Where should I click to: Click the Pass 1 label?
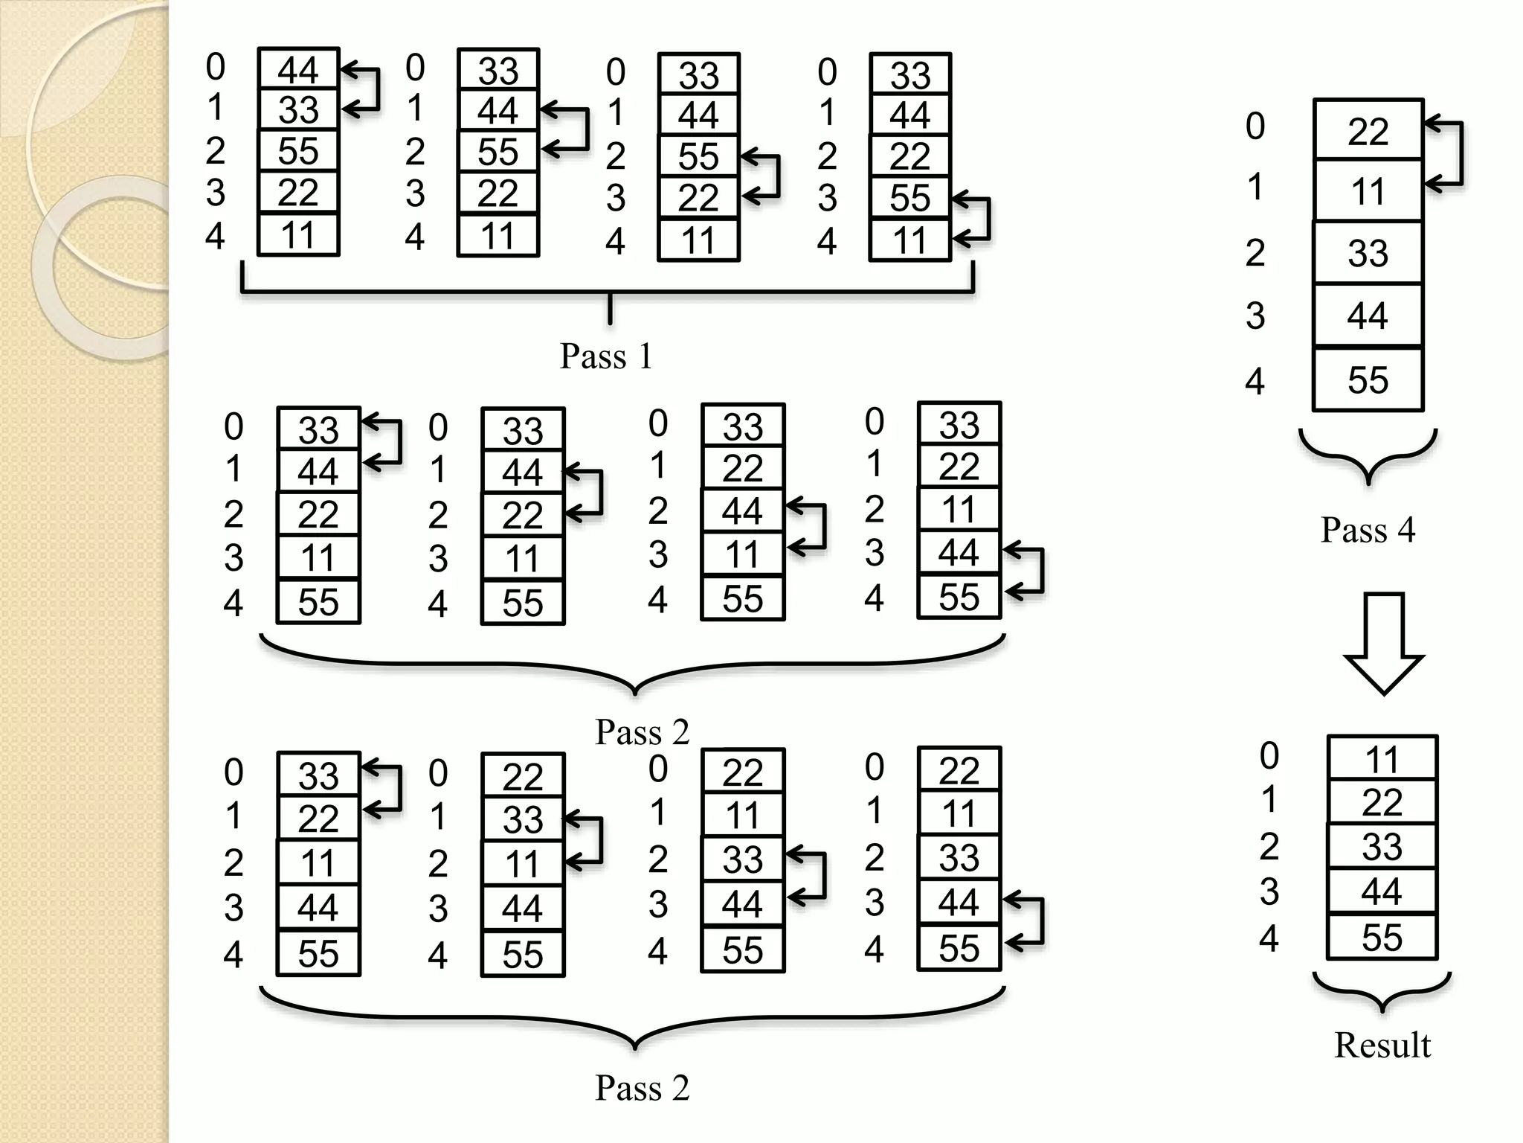click(606, 356)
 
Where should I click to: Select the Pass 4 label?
click(1368, 530)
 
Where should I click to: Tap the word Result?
click(1382, 1045)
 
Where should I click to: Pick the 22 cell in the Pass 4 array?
click(1368, 130)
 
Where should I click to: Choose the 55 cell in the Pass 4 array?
click(1368, 380)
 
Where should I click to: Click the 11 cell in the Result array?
click(1382, 759)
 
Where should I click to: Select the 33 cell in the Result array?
click(1382, 846)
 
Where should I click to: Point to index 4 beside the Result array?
click(1269, 938)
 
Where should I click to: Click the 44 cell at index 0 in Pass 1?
click(298, 70)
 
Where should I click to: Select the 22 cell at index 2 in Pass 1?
click(910, 156)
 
